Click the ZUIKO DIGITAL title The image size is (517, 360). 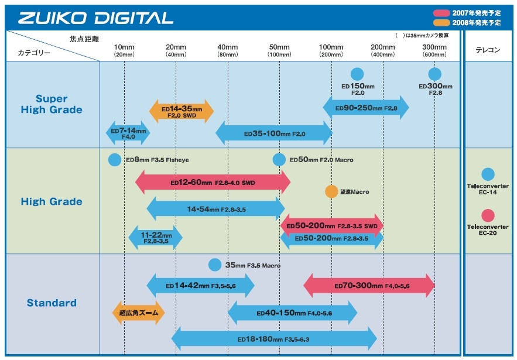[x=95, y=18]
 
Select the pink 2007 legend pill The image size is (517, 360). [x=441, y=12]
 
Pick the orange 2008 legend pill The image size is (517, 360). [x=441, y=22]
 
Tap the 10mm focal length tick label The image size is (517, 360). [x=124, y=47]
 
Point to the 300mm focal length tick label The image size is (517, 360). [x=434, y=47]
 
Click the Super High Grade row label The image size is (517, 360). [x=52, y=104]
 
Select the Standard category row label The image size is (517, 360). [x=52, y=303]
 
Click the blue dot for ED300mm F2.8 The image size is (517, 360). [x=434, y=74]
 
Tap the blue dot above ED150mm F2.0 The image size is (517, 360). [x=357, y=74]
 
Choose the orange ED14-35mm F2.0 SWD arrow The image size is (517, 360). [x=182, y=111]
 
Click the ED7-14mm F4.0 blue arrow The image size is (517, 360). [x=128, y=133]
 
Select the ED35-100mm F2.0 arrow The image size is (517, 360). [x=274, y=133]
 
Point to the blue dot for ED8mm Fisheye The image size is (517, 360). [x=115, y=160]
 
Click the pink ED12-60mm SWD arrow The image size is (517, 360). [x=213, y=182]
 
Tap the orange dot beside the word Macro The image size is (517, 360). [x=331, y=191]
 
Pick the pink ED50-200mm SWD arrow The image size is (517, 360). [x=331, y=225]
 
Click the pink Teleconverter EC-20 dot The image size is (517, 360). [x=488, y=215]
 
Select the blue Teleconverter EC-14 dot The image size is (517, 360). [x=488, y=174]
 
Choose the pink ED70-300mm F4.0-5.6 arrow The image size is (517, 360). [x=369, y=286]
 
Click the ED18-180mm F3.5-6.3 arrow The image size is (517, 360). [x=273, y=338]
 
